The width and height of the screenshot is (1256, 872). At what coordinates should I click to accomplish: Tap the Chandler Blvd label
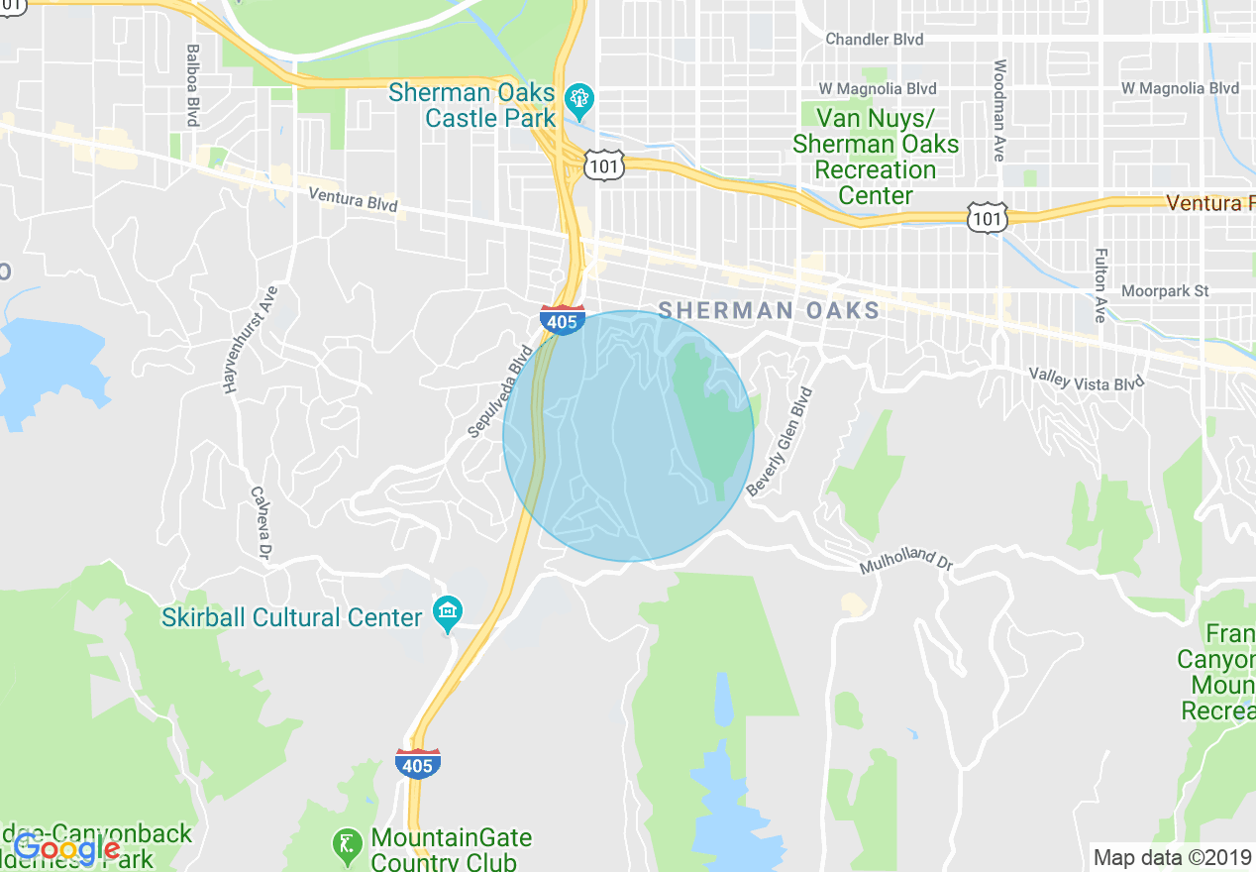point(874,40)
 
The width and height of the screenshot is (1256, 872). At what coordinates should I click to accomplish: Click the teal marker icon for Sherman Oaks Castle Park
point(577,98)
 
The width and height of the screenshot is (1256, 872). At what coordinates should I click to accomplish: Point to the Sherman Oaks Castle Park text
point(471,105)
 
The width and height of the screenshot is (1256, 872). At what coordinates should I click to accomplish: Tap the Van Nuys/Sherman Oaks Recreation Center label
point(876,157)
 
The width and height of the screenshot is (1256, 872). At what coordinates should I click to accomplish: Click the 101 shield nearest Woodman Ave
point(989,216)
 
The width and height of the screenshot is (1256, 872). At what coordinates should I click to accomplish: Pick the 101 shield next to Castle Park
point(603,164)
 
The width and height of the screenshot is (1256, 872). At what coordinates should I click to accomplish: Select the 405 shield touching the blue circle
point(562,321)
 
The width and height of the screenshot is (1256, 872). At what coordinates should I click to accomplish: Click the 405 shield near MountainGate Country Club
point(417,764)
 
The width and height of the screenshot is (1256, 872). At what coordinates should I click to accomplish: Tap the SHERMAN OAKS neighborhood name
point(769,310)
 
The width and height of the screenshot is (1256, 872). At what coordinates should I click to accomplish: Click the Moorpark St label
point(1165,291)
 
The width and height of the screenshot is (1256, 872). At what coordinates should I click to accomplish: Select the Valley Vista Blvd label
point(1086,379)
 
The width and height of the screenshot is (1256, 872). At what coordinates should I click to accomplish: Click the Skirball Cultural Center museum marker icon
point(448,613)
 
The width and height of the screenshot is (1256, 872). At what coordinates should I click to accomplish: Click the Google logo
point(66,849)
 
